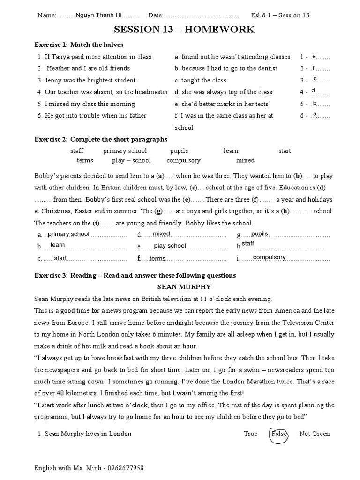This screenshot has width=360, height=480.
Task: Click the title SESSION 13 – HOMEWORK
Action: pyautogui.click(x=185, y=30)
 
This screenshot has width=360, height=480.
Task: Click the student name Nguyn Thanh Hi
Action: pyautogui.click(x=97, y=15)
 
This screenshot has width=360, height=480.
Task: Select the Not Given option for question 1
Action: pyautogui.click(x=315, y=434)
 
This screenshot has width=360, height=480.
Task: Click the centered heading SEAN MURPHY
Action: pyautogui.click(x=184, y=287)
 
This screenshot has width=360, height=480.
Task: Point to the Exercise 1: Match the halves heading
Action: pyautogui.click(x=79, y=45)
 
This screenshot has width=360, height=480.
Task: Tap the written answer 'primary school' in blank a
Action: pyautogui.click(x=68, y=234)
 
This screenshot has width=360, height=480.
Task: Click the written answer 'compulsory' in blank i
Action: pyautogui.click(x=269, y=257)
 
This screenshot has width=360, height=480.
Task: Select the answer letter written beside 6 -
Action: pyautogui.click(x=315, y=114)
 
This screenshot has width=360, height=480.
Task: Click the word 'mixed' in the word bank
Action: pyautogui.click(x=245, y=160)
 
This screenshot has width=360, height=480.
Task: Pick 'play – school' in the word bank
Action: pyautogui.click(x=131, y=160)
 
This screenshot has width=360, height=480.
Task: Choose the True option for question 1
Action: pyautogui.click(x=250, y=434)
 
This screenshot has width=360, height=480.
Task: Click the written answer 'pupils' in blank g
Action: pyautogui.click(x=260, y=233)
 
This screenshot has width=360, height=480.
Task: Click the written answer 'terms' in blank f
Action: pyautogui.click(x=157, y=259)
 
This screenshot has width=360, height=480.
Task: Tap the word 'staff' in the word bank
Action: pyautogui.click(x=77, y=151)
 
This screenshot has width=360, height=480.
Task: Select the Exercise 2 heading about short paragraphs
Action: pyautogui.click(x=101, y=139)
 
